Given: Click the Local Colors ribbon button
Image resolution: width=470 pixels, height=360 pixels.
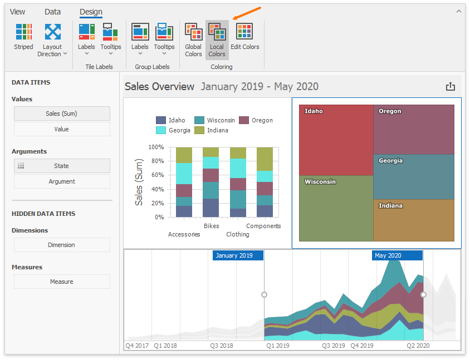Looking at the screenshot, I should click(217, 40).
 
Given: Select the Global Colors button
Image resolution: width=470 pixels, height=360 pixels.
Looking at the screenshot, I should click(193, 40).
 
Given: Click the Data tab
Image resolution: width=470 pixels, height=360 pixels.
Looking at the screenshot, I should click(53, 12).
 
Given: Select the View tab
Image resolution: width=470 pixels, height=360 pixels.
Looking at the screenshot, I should click(18, 12).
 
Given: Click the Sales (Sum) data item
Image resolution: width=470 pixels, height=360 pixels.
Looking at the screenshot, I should click(62, 114).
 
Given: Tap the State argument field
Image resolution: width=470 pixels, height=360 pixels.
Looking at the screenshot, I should click(62, 166).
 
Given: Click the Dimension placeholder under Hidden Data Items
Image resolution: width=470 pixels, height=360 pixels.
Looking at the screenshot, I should click(62, 245).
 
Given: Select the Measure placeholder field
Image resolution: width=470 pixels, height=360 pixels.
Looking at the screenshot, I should click(62, 282).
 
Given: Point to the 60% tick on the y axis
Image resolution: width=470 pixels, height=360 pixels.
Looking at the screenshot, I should click(156, 175).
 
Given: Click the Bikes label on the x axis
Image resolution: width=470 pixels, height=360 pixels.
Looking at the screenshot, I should click(211, 226).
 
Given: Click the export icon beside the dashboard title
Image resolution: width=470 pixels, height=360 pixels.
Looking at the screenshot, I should click(451, 87).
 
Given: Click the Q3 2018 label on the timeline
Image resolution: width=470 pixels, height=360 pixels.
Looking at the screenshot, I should click(221, 346).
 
